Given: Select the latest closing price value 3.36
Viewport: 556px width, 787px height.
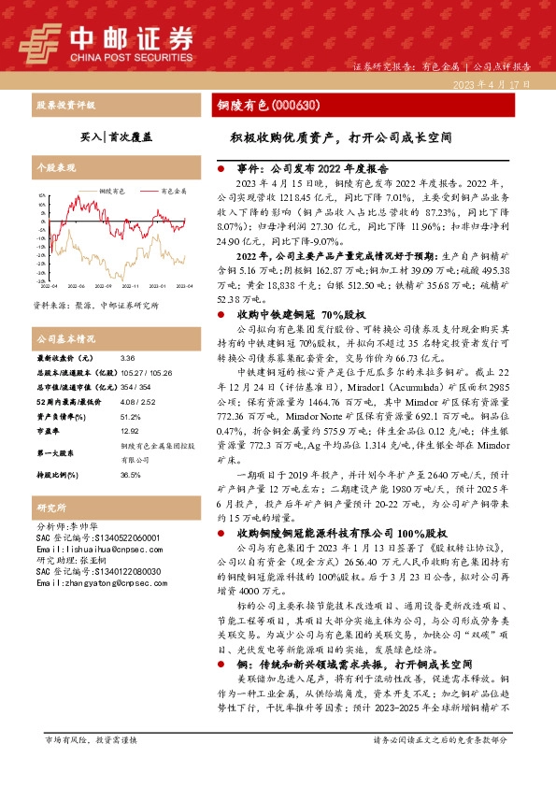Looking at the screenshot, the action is [127, 358].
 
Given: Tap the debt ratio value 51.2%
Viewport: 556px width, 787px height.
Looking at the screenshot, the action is [131, 418].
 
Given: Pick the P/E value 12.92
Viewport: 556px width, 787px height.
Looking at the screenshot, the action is [129, 432].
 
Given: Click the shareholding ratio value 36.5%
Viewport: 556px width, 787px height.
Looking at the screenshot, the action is [131, 475].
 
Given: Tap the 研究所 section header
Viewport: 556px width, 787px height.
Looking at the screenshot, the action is [47, 508].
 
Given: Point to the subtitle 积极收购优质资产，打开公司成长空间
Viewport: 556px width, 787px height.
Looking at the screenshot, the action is [341, 136].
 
